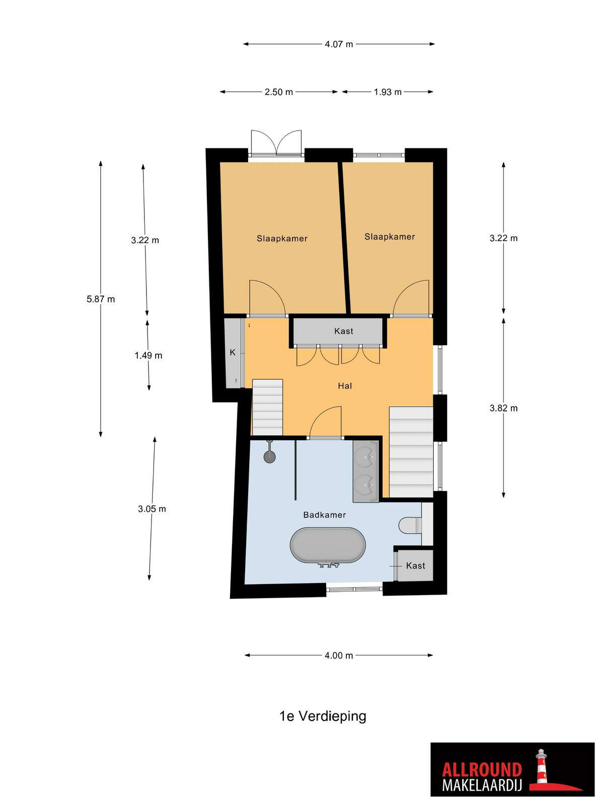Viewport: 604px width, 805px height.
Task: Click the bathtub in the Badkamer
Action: pyautogui.click(x=328, y=545)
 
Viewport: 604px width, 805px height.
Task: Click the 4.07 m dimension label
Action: pyautogui.click(x=338, y=44)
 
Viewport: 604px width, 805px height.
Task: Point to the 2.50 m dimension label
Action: pyautogui.click(x=279, y=92)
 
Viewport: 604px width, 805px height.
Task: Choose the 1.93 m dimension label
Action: pyautogui.click(x=388, y=92)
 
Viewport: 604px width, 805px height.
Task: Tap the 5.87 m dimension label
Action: pyautogui.click(x=101, y=299)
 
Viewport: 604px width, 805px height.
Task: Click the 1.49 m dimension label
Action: pyautogui.click(x=148, y=355)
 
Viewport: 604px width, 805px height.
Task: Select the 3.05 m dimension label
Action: pyautogui.click(x=152, y=509)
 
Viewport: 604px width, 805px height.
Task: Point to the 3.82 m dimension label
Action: pyautogui.click(x=503, y=408)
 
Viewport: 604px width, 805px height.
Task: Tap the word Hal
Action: pyautogui.click(x=345, y=386)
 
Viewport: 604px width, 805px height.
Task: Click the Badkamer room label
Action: pyautogui.click(x=325, y=515)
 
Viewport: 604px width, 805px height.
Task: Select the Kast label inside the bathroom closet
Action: pyautogui.click(x=416, y=566)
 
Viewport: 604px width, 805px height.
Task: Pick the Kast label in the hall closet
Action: pyautogui.click(x=344, y=331)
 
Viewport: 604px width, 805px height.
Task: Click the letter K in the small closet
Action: pyautogui.click(x=233, y=353)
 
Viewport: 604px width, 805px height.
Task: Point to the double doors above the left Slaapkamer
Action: pyautogui.click(x=276, y=144)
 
